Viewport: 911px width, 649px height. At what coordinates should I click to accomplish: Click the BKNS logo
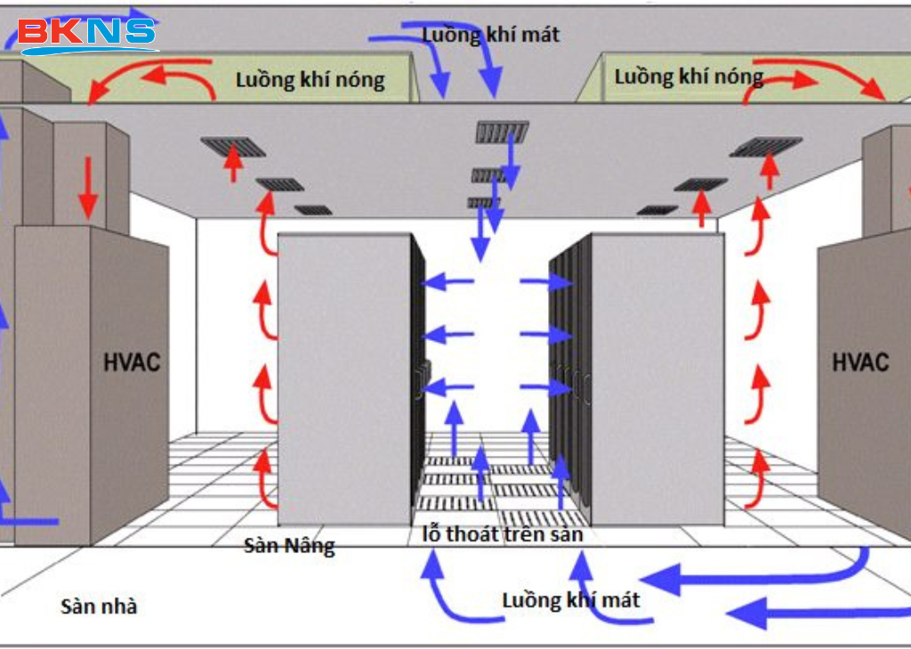[87, 33]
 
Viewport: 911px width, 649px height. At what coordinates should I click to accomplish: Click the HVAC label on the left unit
[131, 362]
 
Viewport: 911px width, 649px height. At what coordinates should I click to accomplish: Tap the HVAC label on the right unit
[859, 362]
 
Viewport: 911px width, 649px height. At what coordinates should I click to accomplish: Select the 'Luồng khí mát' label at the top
[491, 35]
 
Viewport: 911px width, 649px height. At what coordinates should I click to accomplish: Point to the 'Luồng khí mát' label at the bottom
[571, 599]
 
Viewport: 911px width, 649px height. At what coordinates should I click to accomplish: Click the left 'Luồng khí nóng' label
[310, 80]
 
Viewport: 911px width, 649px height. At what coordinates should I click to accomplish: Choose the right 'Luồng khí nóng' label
[689, 77]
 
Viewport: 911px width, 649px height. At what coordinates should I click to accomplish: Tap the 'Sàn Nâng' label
[289, 545]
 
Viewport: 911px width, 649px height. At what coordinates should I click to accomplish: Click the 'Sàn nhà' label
[99, 607]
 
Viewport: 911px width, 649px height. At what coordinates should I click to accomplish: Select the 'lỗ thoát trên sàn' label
[502, 534]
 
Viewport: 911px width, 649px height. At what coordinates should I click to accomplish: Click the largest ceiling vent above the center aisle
[503, 133]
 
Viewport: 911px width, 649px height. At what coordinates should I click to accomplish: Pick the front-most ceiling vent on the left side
[233, 146]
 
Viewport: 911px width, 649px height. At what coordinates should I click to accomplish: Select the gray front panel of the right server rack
[657, 378]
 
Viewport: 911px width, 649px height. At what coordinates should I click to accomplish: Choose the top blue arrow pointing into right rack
[545, 283]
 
